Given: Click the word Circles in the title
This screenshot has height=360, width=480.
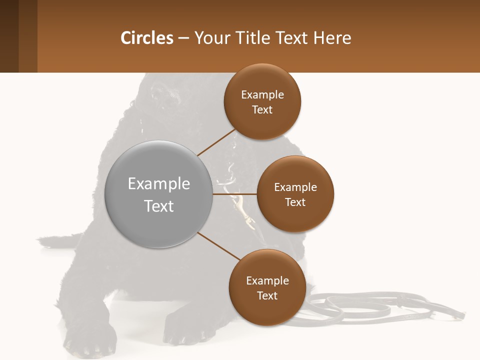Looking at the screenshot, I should [146, 38].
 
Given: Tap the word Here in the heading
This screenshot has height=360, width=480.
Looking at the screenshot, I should [332, 38].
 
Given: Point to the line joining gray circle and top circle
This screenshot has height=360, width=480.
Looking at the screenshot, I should [216, 143].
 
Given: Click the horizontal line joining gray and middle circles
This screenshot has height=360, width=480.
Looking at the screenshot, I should [235, 194].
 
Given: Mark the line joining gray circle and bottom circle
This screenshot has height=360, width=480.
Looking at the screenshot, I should [219, 246].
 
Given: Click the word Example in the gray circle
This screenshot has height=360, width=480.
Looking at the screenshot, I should [159, 184].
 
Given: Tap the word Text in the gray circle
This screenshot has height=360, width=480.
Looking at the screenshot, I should [159, 206].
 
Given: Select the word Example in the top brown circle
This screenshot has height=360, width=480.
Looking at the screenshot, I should [262, 95].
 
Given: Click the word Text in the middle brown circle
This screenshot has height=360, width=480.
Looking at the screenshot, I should [295, 202].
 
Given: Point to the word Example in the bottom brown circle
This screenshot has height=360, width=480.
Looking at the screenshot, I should [267, 281].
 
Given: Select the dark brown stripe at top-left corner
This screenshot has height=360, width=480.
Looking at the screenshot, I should [9, 36].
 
